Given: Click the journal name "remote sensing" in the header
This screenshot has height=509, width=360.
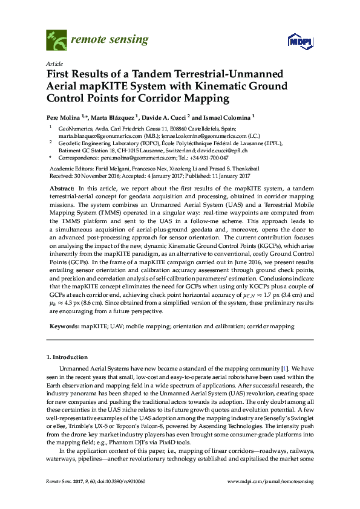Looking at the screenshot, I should click(110, 41).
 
